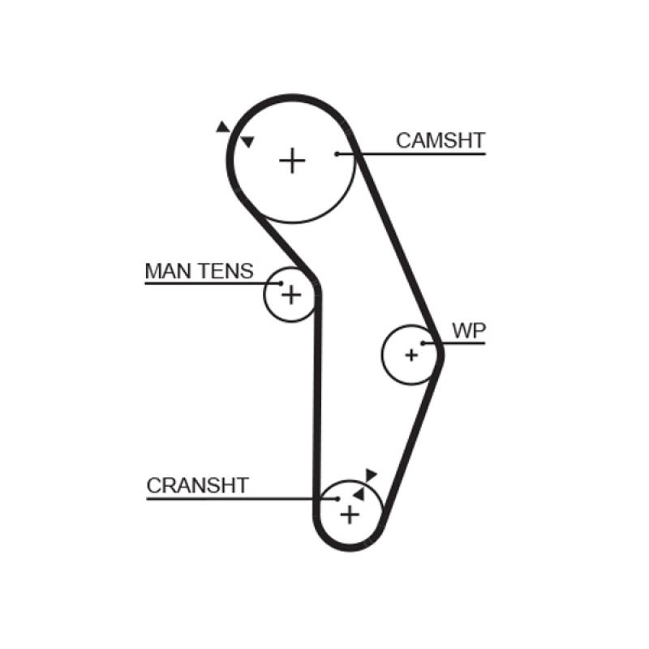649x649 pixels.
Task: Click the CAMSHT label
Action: [x=440, y=140]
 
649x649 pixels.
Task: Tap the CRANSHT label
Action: [x=197, y=486]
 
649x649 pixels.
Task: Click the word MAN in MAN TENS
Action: [x=165, y=271]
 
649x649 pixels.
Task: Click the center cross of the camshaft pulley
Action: [x=292, y=161]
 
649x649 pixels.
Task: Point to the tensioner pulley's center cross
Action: [x=290, y=295]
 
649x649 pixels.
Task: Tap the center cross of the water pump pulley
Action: [x=411, y=355]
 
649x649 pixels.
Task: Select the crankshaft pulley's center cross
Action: [x=350, y=514]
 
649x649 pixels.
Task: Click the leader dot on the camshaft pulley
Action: [x=337, y=153]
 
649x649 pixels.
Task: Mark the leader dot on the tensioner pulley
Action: [x=281, y=284]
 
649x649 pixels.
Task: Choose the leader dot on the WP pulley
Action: [x=423, y=343]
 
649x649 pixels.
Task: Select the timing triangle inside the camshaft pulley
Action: [x=247, y=142]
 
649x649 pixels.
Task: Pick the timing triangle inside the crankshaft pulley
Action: [x=358, y=493]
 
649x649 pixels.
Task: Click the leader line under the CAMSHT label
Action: [x=422, y=153]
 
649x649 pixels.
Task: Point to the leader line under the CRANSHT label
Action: [x=235, y=498]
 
